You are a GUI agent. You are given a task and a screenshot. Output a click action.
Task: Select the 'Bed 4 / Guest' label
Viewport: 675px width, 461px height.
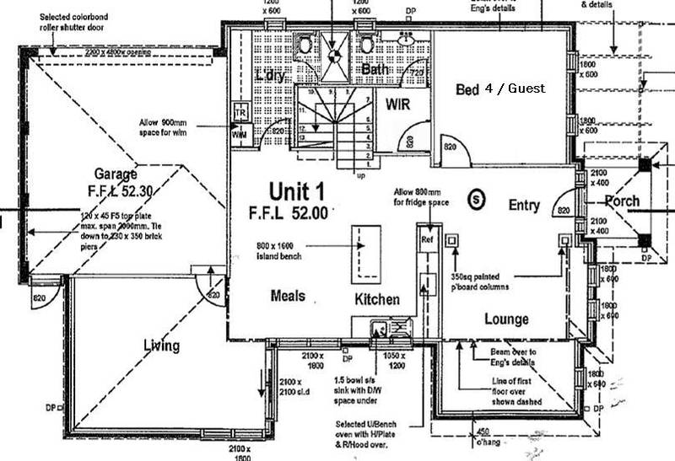coord(500,88)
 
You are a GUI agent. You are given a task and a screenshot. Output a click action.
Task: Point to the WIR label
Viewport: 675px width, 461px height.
coord(398,104)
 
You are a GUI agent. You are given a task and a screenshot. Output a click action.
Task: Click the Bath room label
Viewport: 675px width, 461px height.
coord(375,69)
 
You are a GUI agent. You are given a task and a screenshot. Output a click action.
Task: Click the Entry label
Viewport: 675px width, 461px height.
coord(524,205)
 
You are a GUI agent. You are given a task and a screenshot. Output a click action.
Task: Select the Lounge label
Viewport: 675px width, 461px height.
coord(506,319)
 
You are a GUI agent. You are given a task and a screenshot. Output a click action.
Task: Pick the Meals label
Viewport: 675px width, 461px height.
coord(288,296)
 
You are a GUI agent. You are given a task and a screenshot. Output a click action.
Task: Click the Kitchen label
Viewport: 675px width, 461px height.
coord(376,300)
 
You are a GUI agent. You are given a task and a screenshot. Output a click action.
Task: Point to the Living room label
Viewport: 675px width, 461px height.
coord(161,345)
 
